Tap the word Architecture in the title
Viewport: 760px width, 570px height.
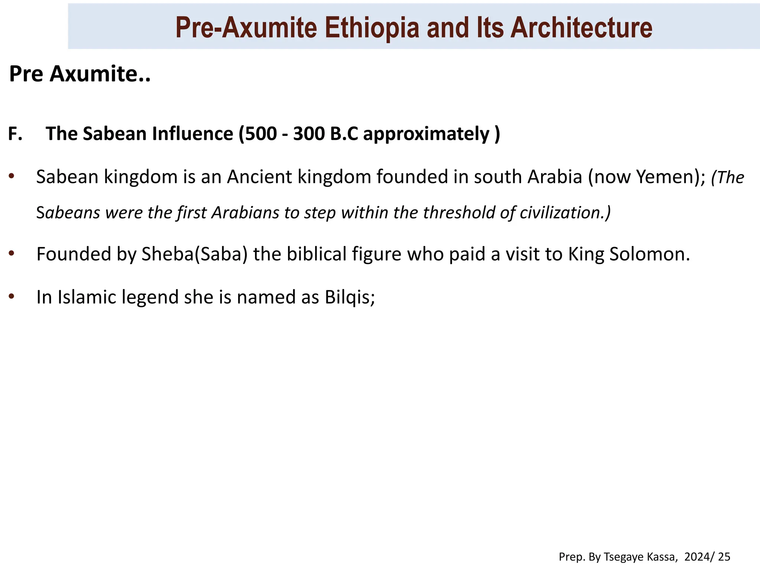click(581, 28)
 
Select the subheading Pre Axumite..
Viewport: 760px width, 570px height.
click(79, 74)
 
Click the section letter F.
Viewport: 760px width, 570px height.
click(15, 134)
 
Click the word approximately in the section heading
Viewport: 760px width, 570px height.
click(426, 134)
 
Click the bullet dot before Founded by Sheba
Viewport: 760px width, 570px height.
click(12, 253)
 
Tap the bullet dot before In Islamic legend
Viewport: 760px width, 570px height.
click(12, 297)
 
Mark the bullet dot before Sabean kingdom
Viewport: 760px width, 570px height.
click(12, 176)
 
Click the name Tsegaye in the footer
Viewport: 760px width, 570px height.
click(619, 557)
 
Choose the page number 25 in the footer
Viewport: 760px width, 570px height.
click(724, 557)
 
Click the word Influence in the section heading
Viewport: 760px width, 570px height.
click(192, 134)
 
